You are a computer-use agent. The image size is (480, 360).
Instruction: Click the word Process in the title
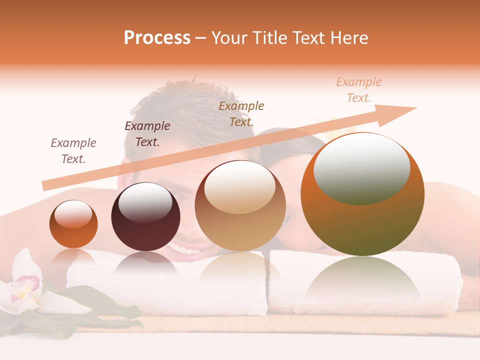(x=157, y=38)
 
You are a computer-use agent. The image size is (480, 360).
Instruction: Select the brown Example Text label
(x=241, y=113)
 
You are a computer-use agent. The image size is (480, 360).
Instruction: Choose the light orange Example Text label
(x=359, y=90)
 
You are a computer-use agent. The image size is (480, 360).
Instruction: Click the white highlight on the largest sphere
(x=361, y=167)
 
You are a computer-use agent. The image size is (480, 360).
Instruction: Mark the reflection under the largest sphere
(x=362, y=280)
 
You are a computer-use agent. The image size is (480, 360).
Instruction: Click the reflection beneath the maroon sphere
(x=145, y=263)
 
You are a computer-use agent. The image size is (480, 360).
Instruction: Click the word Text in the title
(x=310, y=38)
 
